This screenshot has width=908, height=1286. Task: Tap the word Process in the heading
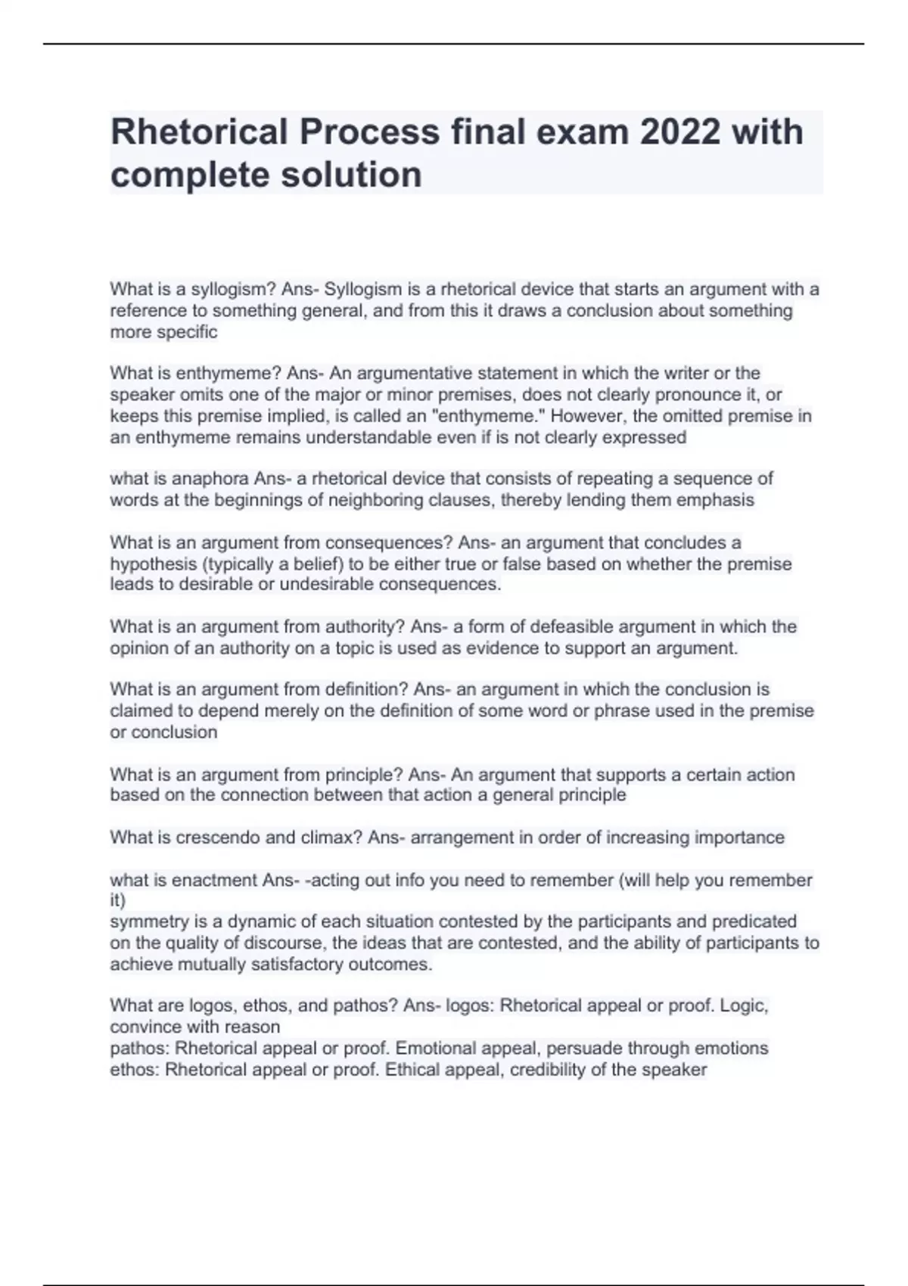(x=369, y=132)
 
